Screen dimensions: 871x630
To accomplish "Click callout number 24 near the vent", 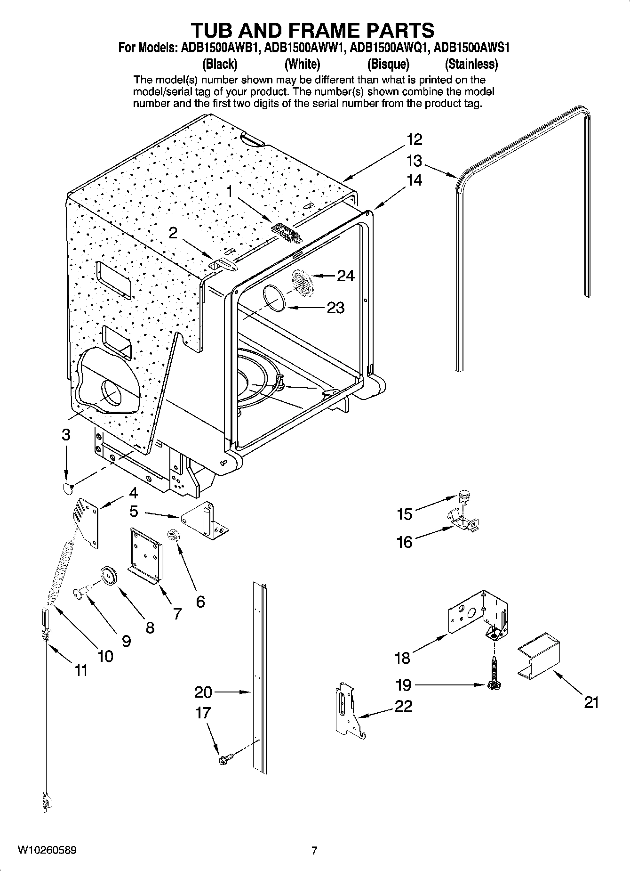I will (346, 275).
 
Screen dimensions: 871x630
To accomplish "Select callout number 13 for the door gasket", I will (414, 161).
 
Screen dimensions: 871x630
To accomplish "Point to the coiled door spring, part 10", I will (61, 572).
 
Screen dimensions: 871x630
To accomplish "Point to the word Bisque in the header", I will (388, 64).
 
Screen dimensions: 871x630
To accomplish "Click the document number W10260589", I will (47, 850).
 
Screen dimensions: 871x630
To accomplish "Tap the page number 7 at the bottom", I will (314, 850).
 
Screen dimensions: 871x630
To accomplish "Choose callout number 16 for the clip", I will (404, 542).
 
